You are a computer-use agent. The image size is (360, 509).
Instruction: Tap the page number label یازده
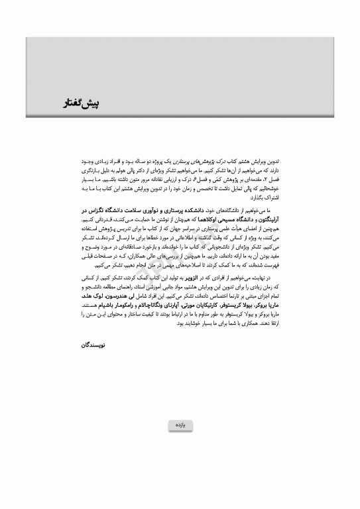180,424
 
